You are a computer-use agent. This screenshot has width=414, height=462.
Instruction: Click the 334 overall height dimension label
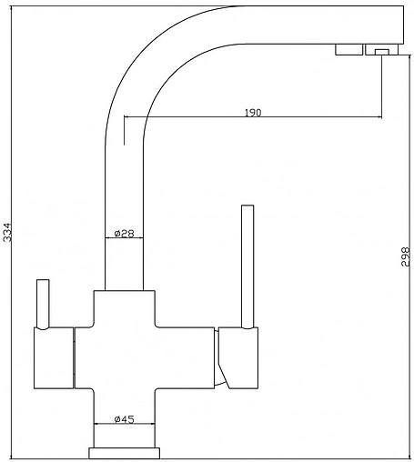click(x=7, y=232)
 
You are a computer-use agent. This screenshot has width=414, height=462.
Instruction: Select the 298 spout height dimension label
click(x=405, y=256)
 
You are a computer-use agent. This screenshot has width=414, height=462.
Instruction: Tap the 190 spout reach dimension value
click(x=253, y=113)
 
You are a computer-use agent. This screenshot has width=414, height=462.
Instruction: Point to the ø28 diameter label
click(x=124, y=234)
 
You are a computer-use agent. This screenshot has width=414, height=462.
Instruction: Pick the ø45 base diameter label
click(x=124, y=419)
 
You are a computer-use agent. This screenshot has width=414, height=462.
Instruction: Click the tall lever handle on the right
click(x=247, y=266)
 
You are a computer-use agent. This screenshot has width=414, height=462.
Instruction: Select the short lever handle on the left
click(x=43, y=304)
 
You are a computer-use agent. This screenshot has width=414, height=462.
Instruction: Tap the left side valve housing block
click(x=54, y=358)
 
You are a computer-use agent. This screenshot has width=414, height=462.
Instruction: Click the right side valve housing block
click(x=238, y=358)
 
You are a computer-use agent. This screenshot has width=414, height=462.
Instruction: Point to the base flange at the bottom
click(x=124, y=453)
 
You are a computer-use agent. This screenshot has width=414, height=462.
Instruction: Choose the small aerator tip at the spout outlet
click(x=382, y=53)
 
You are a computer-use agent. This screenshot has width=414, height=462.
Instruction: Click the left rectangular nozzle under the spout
click(x=348, y=50)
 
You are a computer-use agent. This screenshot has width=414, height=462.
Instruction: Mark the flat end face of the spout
click(x=404, y=25)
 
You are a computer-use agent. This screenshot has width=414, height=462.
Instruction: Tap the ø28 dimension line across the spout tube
click(x=124, y=238)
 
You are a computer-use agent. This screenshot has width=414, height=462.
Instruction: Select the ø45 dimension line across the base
click(x=125, y=424)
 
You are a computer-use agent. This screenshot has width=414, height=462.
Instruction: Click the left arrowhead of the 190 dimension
click(x=126, y=116)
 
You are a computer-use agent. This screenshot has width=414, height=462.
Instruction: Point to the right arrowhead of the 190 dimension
click(x=379, y=116)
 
